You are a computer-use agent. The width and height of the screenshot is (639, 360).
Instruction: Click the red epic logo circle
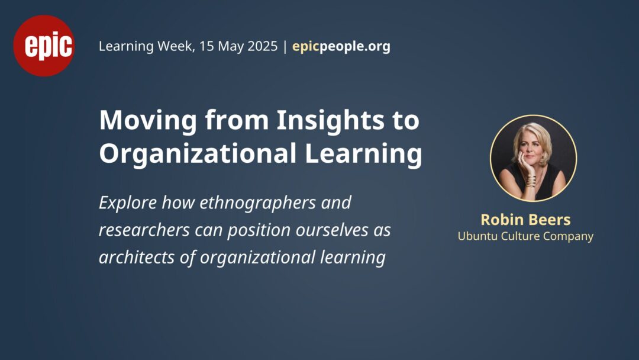(x=44, y=46)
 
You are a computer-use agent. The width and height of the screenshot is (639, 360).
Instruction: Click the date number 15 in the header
(x=206, y=46)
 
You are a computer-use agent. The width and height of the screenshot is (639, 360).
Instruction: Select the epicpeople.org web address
(x=341, y=46)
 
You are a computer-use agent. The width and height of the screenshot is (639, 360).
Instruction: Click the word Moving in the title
(x=148, y=121)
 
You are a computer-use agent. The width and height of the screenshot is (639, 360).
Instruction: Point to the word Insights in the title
(x=330, y=121)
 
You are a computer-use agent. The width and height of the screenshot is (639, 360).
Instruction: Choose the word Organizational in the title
(x=198, y=154)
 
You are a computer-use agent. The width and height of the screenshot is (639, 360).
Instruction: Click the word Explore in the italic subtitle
(x=128, y=203)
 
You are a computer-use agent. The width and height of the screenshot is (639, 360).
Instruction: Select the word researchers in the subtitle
(x=144, y=230)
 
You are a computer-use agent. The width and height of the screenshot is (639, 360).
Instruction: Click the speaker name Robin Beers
(x=525, y=220)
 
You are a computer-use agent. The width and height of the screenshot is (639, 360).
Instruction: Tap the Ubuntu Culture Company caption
(x=525, y=236)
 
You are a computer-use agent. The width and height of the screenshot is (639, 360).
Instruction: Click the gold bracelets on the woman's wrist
(x=531, y=181)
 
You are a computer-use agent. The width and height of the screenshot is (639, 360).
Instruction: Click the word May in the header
(x=230, y=47)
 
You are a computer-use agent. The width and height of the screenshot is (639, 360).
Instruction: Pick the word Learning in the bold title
(x=363, y=155)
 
